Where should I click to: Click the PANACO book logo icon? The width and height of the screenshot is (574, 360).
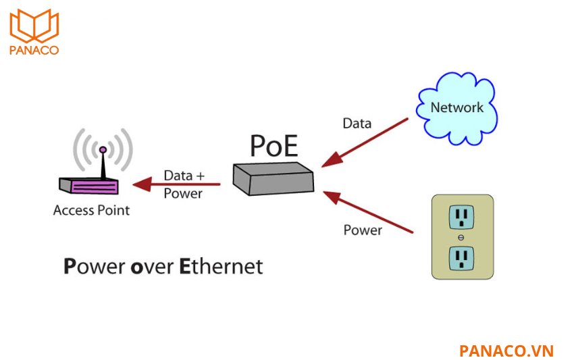[x=34, y=26]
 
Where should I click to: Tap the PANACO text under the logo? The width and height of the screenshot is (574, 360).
[x=34, y=50]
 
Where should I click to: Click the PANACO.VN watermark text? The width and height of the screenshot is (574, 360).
[x=506, y=351]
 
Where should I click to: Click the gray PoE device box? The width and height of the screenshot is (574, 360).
[x=273, y=178]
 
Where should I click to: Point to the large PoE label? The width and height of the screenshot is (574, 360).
[x=273, y=145]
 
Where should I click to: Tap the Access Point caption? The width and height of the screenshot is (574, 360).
[x=91, y=210]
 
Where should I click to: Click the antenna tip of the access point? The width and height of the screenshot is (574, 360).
[x=103, y=149]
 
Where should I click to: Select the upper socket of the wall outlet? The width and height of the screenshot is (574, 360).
[x=463, y=217]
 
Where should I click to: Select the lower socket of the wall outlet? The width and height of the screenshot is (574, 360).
[x=463, y=257]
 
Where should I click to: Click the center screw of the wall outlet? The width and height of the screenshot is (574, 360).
[x=462, y=237]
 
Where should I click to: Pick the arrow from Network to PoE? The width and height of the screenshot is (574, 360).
[x=365, y=143]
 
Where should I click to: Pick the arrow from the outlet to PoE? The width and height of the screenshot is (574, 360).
[x=368, y=212]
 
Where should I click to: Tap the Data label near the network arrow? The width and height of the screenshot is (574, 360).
[x=357, y=124]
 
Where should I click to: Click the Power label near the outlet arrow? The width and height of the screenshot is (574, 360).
[x=363, y=230]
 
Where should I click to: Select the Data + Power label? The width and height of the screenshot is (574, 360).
[x=184, y=184]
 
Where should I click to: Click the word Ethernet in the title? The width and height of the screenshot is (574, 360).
[x=221, y=266]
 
